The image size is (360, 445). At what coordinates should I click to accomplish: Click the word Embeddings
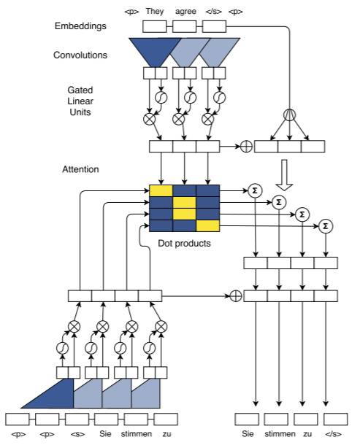tap(80, 26)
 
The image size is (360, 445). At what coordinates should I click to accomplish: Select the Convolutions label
tap(80, 55)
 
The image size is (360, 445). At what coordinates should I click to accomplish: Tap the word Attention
tap(80, 169)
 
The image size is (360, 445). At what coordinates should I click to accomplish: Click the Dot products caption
tap(184, 243)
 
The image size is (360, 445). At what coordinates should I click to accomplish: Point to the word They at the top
tap(155, 12)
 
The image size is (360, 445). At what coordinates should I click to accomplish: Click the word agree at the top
tap(185, 12)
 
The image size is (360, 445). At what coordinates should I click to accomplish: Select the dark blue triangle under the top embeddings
tap(155, 53)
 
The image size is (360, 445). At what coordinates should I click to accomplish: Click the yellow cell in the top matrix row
tap(161, 190)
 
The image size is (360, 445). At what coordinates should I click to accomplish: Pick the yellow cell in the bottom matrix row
tap(207, 226)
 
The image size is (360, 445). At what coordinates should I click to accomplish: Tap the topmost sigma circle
tap(255, 190)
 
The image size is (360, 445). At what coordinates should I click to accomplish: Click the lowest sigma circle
tap(326, 226)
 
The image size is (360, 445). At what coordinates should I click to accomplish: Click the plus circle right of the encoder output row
tap(246, 147)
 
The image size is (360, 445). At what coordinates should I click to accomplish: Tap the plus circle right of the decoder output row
tap(236, 296)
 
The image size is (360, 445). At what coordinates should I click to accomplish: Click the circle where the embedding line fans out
tap(290, 115)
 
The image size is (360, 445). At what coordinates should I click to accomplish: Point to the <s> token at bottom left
tap(77, 434)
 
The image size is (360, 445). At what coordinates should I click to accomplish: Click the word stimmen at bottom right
tap(280, 433)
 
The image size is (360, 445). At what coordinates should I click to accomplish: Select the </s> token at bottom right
tap(333, 434)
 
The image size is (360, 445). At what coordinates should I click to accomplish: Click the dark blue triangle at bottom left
tap(54, 396)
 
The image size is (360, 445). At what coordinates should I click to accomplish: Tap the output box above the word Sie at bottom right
tap(247, 419)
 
